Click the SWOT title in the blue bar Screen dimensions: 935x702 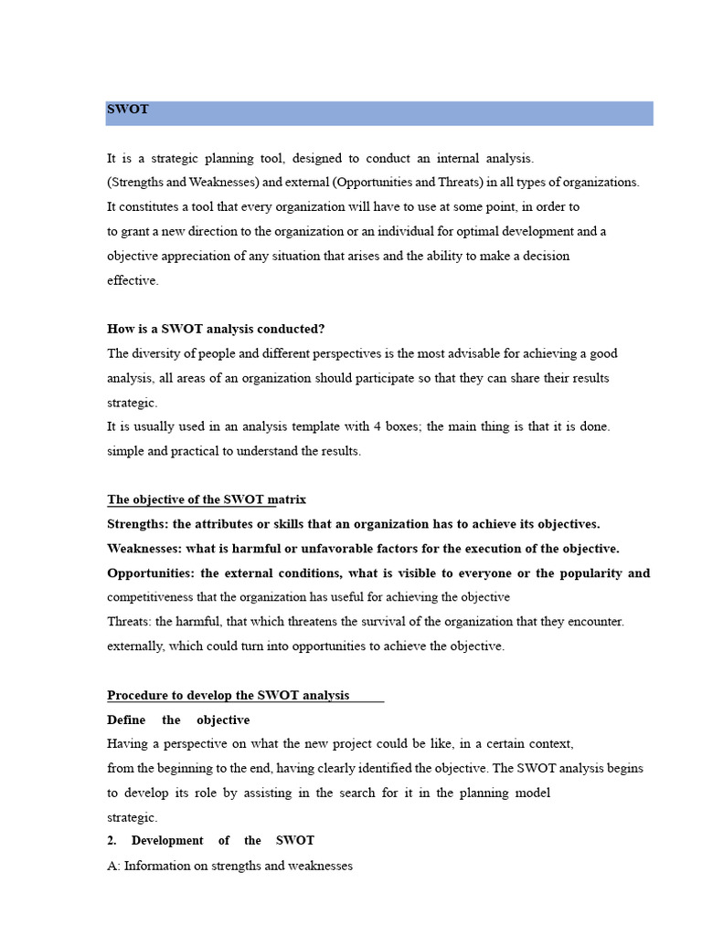(x=128, y=110)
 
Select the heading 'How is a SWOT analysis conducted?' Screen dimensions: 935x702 (x=216, y=329)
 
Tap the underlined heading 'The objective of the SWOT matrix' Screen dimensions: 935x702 (x=207, y=499)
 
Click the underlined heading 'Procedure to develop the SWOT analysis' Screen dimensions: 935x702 (x=229, y=695)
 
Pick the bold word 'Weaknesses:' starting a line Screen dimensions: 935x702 (x=143, y=549)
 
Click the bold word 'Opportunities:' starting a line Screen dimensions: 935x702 (x=150, y=573)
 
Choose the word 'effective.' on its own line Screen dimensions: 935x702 (x=133, y=280)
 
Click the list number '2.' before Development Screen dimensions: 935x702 (x=112, y=840)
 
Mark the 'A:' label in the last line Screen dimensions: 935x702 (x=114, y=865)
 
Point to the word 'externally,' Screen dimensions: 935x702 (x=138, y=646)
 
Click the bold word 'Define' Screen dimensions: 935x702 (x=126, y=720)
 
